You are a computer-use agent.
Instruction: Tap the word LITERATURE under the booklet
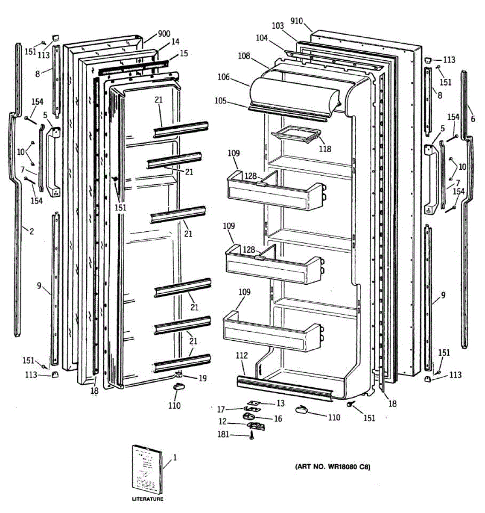[147, 499]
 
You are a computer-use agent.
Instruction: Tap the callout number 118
[324, 149]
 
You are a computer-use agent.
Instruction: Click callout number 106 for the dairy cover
[223, 77]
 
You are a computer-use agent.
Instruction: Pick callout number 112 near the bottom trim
[241, 356]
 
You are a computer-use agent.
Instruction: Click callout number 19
[202, 378]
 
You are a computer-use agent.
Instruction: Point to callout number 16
[278, 419]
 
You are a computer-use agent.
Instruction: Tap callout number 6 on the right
[473, 119]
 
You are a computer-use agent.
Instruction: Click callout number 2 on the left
[32, 231]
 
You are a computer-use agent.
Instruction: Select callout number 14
[175, 42]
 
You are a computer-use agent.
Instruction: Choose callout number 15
[184, 54]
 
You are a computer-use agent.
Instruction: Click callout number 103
[278, 26]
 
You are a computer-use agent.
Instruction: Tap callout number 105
[221, 101]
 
